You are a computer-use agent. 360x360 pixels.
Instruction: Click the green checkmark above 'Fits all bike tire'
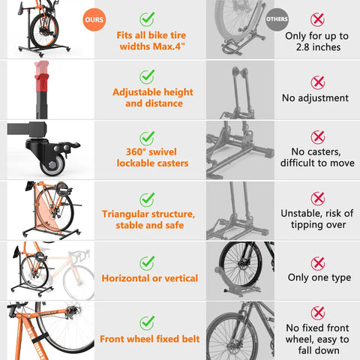148,17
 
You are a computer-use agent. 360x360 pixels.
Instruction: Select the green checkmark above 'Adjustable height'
148,76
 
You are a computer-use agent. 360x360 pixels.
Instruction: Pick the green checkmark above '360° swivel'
148,137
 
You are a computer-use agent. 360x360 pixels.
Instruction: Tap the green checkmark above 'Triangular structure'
148,197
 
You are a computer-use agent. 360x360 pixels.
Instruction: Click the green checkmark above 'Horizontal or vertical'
148,262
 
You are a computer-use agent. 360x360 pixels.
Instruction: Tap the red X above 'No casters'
318,136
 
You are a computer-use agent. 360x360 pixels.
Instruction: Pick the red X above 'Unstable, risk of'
318,197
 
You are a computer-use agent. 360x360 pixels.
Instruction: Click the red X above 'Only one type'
318,262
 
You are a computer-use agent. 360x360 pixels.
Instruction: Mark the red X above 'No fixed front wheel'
318,311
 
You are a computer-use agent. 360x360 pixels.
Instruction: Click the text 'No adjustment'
315,98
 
